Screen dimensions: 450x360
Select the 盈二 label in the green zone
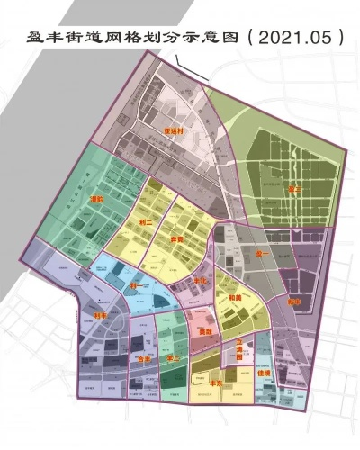click(294, 189)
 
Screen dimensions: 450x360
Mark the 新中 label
click(293, 301)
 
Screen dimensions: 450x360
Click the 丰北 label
click(200, 281)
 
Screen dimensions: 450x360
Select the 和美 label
click(236, 296)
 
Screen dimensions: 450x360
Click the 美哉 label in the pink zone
click(205, 331)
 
